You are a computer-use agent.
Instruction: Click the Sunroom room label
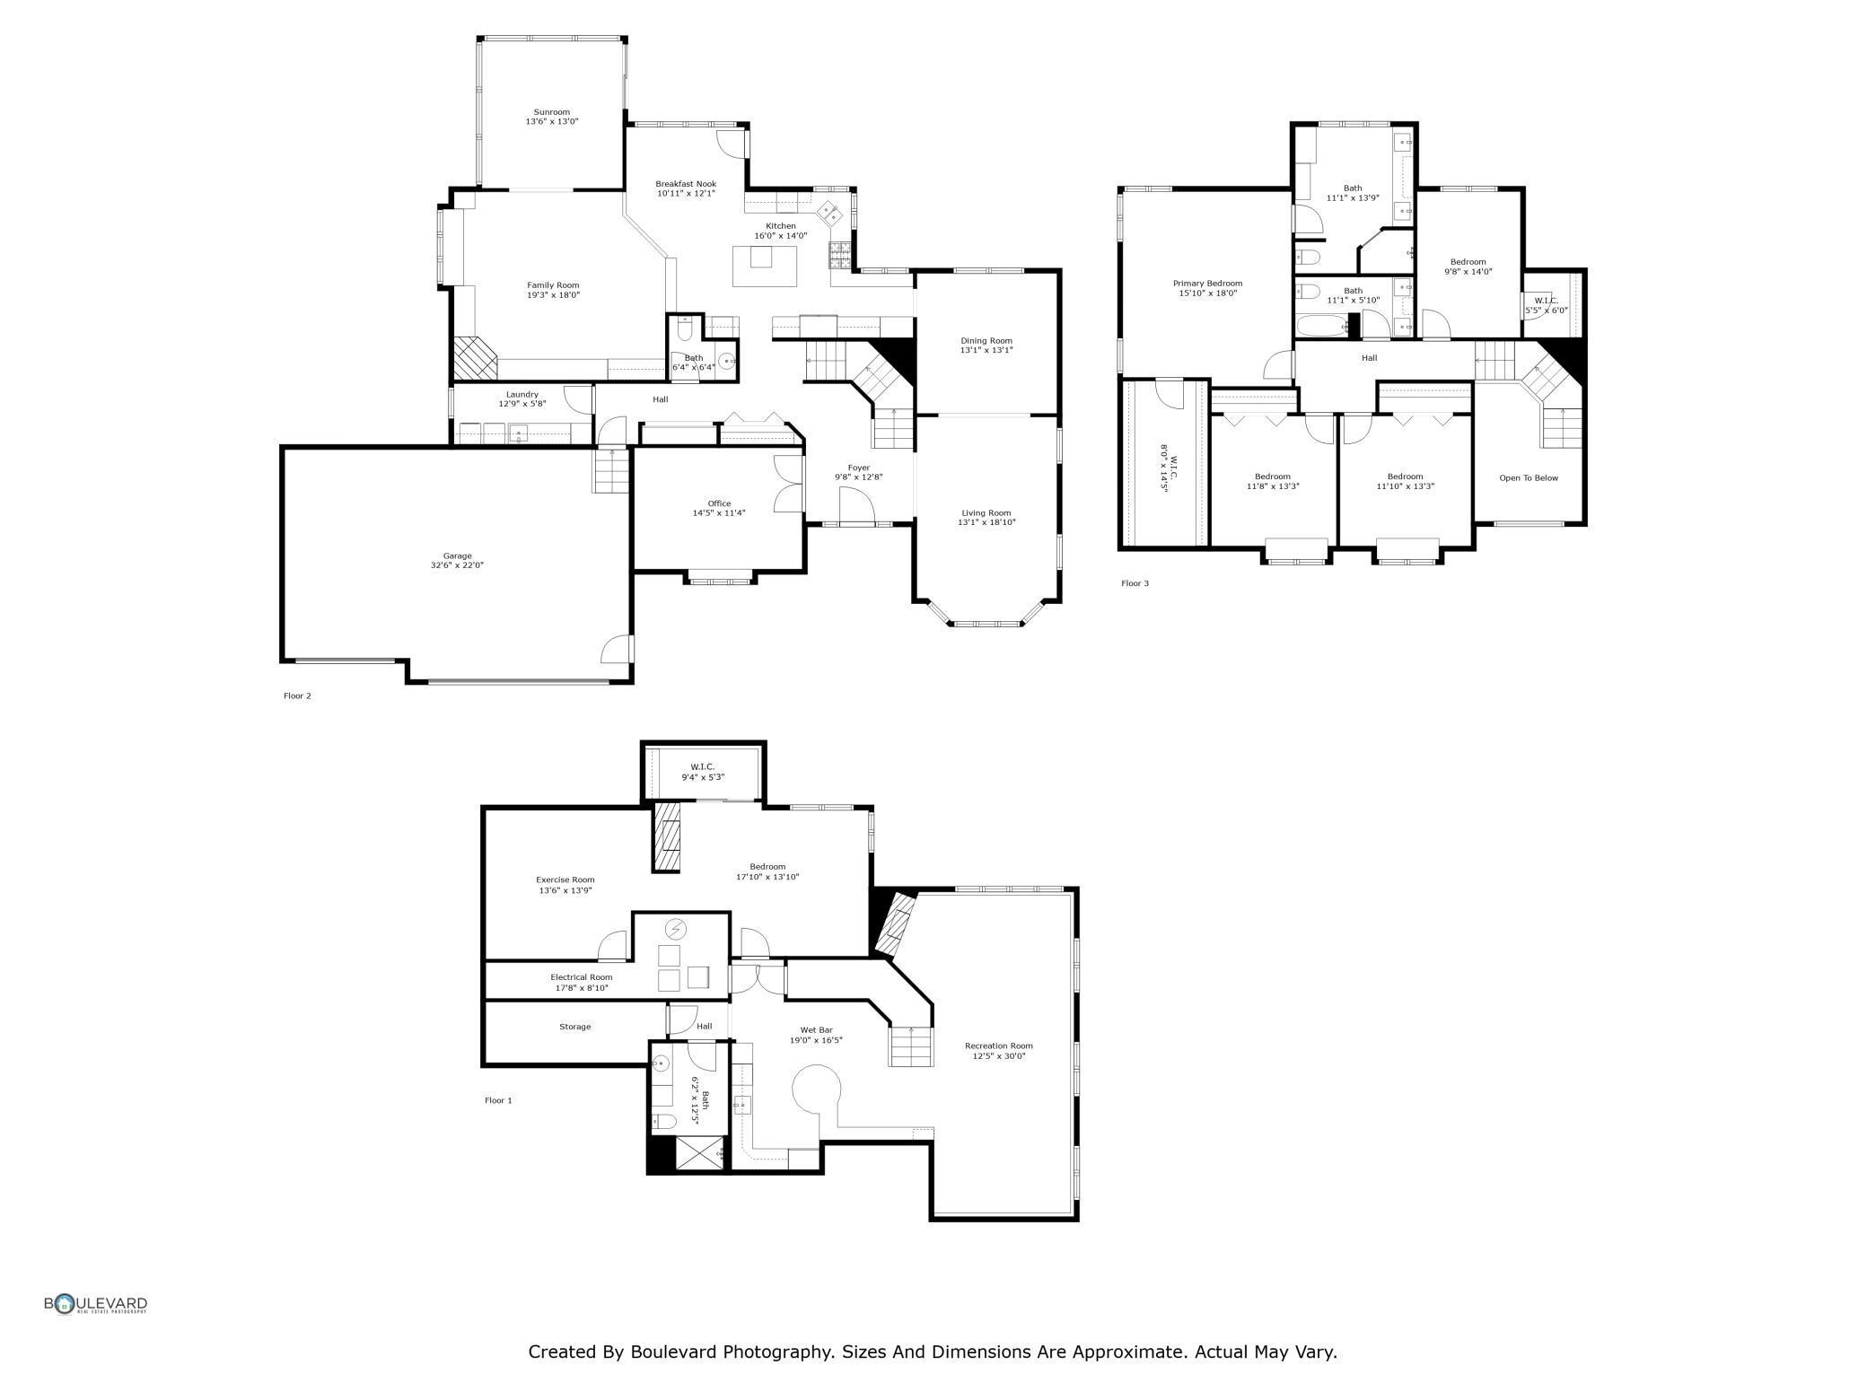552,112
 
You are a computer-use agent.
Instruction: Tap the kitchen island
765,266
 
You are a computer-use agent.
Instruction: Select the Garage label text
457,556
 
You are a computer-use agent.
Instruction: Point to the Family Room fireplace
475,359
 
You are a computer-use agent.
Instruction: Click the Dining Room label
986,341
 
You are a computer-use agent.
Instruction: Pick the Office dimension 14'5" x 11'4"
719,513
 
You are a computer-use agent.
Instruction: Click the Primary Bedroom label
1207,284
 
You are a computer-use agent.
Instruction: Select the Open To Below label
1529,478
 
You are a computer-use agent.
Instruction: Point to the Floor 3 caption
1135,583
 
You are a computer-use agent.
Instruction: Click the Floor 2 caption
297,696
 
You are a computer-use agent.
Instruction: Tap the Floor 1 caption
498,1100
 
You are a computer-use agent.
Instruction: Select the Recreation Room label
998,1046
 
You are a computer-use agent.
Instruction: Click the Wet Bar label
816,1030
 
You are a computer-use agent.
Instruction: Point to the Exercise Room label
565,879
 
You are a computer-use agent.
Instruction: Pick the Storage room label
575,1027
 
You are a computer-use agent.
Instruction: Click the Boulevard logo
96,1304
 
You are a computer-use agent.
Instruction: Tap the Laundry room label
522,394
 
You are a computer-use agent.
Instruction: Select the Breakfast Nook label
686,184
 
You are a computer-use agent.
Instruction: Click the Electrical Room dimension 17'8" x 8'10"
582,988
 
